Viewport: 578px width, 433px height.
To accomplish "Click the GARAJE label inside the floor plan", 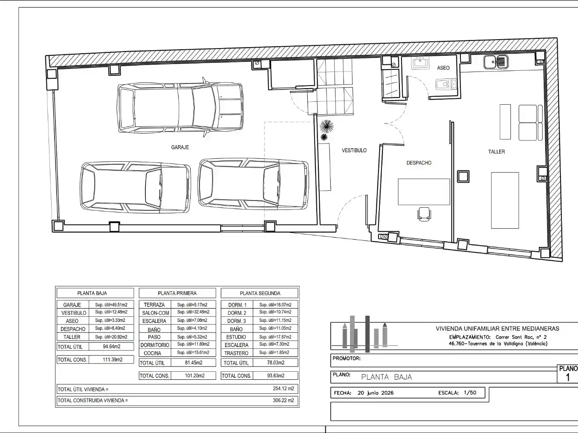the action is pyautogui.click(x=180, y=147).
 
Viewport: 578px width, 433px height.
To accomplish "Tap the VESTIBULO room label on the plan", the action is pyautogui.click(x=354, y=150).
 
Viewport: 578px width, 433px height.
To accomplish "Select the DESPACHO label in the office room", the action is pyautogui.click(x=419, y=163).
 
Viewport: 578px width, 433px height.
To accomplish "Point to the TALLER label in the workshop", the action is pyautogui.click(x=497, y=152).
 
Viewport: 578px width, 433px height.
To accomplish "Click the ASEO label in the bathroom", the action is pyautogui.click(x=443, y=68).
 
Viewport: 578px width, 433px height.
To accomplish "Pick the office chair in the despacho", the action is pyautogui.click(x=424, y=214).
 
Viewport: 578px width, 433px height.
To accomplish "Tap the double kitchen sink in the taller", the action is pyautogui.click(x=496, y=62).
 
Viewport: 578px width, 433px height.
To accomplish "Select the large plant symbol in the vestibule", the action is pyautogui.click(x=327, y=126).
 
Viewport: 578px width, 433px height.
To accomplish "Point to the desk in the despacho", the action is pyautogui.click(x=424, y=192).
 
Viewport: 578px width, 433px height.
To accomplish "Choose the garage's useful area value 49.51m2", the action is pyautogui.click(x=111, y=305).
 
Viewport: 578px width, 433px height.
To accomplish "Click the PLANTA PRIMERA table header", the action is pyautogui.click(x=177, y=293).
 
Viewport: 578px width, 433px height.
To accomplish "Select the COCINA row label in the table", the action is pyautogui.click(x=153, y=353).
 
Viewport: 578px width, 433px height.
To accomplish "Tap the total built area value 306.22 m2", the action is pyautogui.click(x=283, y=400).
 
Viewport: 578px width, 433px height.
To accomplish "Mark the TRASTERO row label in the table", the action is pyautogui.click(x=236, y=353).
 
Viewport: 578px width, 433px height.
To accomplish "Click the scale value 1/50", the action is pyautogui.click(x=470, y=393).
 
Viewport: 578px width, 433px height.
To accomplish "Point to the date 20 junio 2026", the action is pyautogui.click(x=376, y=393).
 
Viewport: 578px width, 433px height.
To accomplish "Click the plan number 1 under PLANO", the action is pyautogui.click(x=568, y=378).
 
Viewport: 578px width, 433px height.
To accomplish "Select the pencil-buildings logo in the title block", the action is pyautogui.click(x=365, y=334).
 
